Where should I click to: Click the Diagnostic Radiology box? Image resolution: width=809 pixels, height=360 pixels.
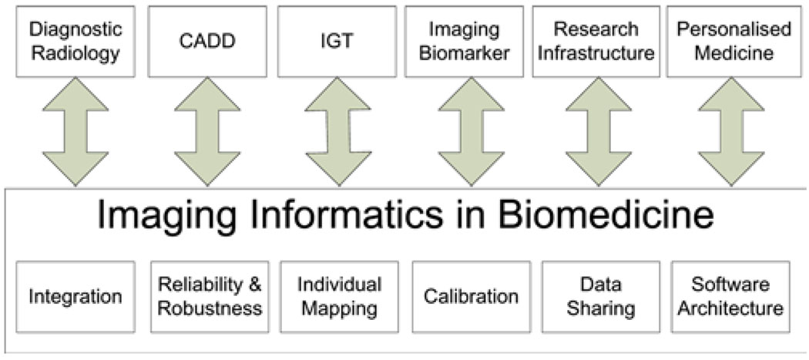point(75,42)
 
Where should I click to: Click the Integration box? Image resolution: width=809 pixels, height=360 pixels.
point(75,297)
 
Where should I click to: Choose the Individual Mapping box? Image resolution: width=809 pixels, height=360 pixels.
point(339,297)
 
